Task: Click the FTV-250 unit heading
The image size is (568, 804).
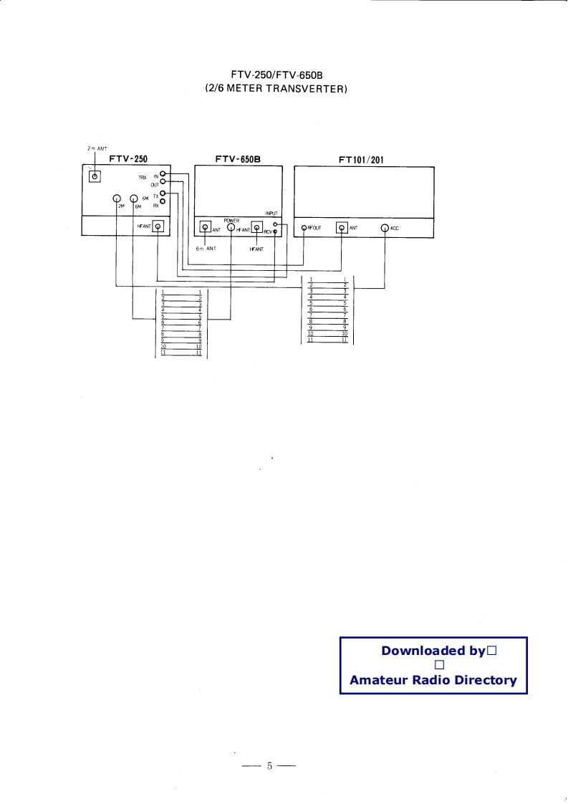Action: point(128,159)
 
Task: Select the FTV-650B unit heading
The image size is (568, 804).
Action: point(238,159)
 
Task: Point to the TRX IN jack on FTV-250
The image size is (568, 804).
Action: point(163,174)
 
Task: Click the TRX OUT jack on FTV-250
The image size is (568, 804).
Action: point(163,183)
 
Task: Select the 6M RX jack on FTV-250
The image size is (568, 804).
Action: point(163,201)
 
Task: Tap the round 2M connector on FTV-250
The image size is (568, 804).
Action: point(117,198)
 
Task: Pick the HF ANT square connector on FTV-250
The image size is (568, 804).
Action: point(159,227)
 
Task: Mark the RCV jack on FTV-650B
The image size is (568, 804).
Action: point(275,231)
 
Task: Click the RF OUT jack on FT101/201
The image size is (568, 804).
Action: point(304,228)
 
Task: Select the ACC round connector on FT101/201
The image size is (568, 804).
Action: point(385,229)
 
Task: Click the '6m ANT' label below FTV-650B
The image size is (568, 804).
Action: point(206,248)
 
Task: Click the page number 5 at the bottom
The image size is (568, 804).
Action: point(269,766)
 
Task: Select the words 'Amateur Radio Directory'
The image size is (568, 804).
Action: point(433,680)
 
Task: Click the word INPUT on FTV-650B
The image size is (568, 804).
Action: point(271,214)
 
